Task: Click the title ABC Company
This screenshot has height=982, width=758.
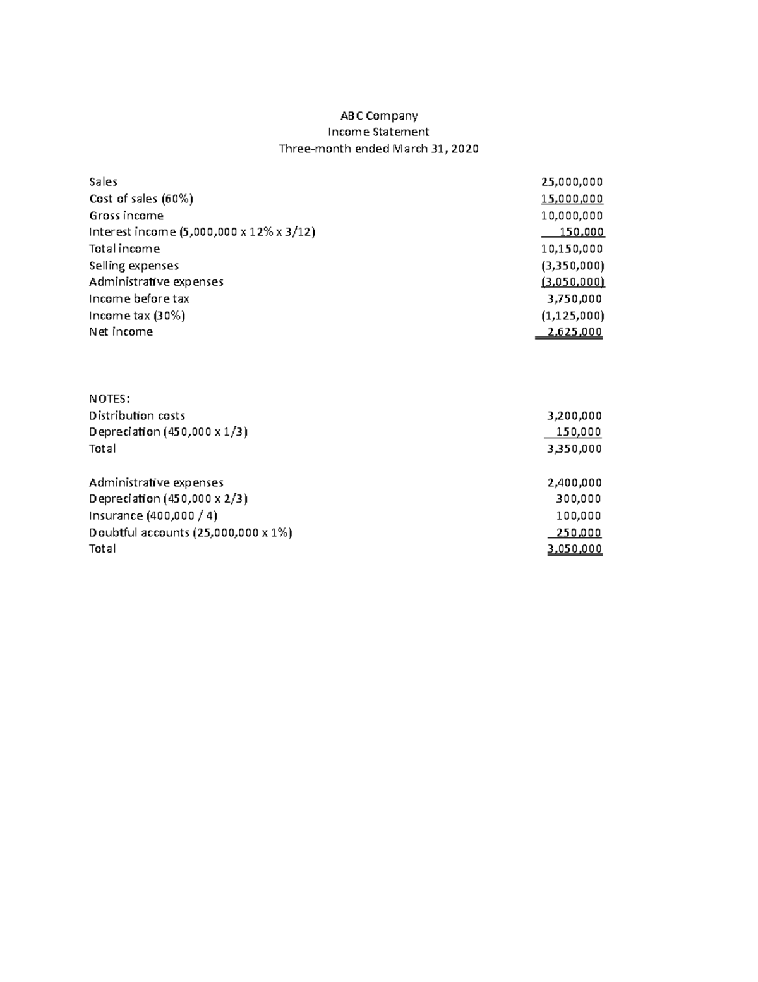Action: pyautogui.click(x=379, y=116)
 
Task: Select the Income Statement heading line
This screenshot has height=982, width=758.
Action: pyautogui.click(x=378, y=132)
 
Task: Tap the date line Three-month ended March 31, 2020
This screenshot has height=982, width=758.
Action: pyautogui.click(x=378, y=149)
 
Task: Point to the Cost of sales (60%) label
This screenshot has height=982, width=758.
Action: pyautogui.click(x=141, y=199)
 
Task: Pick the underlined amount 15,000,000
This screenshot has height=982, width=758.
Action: pyautogui.click(x=572, y=199)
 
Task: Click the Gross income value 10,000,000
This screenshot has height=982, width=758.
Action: pyautogui.click(x=572, y=216)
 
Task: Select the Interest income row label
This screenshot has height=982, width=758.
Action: pyautogui.click(x=202, y=232)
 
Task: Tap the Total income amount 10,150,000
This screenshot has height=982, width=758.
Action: pyautogui.click(x=572, y=249)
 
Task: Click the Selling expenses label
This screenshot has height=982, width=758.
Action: pyautogui.click(x=134, y=266)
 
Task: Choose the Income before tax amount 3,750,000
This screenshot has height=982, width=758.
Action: pyautogui.click(x=574, y=298)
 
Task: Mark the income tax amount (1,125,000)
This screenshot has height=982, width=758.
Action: pyautogui.click(x=572, y=316)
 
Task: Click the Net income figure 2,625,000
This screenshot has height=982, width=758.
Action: pyautogui.click(x=574, y=332)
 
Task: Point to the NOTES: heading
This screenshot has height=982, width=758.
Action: pyautogui.click(x=109, y=399)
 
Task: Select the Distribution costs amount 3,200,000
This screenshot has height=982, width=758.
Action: pyautogui.click(x=574, y=416)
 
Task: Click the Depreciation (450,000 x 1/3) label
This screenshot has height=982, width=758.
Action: pyautogui.click(x=168, y=432)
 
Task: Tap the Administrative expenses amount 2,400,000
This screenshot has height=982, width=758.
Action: pyautogui.click(x=574, y=483)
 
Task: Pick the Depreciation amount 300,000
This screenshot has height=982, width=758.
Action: pyautogui.click(x=578, y=500)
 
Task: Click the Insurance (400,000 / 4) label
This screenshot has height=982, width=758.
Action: pyautogui.click(x=153, y=516)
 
